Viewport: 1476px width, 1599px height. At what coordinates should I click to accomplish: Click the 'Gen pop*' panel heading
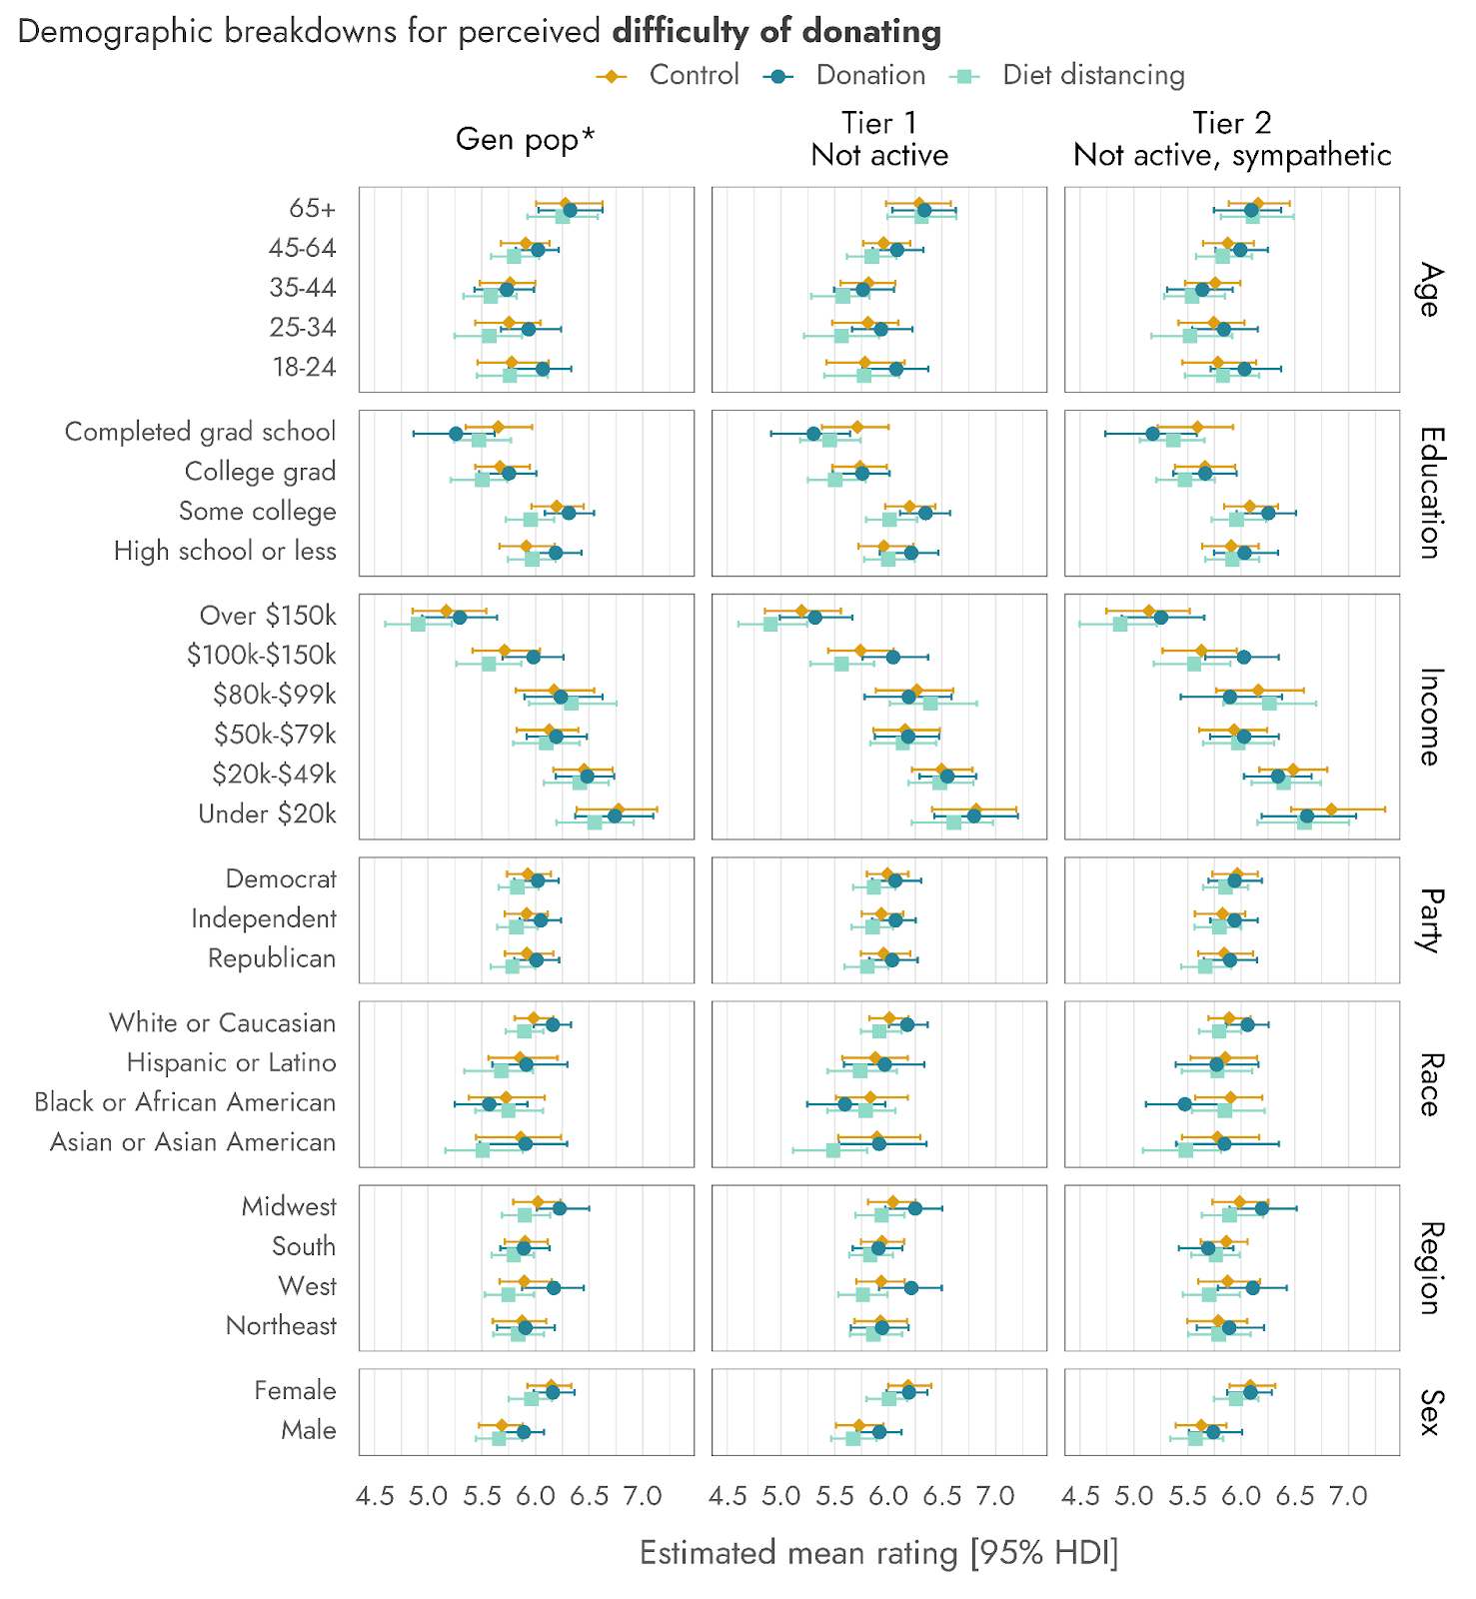(525, 139)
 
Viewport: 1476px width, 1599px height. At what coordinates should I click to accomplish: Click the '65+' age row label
(312, 208)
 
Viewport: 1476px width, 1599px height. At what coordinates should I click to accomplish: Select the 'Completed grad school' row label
(200, 432)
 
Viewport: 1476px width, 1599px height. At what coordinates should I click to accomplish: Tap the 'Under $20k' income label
(267, 814)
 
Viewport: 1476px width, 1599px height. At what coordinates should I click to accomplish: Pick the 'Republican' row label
(271, 958)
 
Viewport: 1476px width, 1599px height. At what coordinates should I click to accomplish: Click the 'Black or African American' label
(185, 1102)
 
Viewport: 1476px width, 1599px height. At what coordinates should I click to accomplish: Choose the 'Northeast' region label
(281, 1326)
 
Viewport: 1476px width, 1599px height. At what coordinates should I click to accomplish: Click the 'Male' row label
(308, 1430)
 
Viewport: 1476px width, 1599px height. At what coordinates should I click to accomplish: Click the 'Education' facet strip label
(1430, 493)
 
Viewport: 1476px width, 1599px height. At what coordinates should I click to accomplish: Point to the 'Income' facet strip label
(1430, 717)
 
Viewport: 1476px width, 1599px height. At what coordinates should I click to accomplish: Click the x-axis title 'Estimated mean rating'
(878, 1553)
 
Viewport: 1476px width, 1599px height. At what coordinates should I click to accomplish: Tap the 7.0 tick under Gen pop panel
(643, 1496)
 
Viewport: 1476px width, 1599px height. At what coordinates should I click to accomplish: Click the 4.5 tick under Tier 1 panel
(728, 1496)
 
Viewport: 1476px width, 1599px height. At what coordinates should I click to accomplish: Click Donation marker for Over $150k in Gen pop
(460, 618)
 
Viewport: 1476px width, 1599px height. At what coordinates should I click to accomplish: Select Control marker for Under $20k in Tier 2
(1331, 809)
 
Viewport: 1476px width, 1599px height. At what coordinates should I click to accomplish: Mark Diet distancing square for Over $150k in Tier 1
(770, 624)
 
